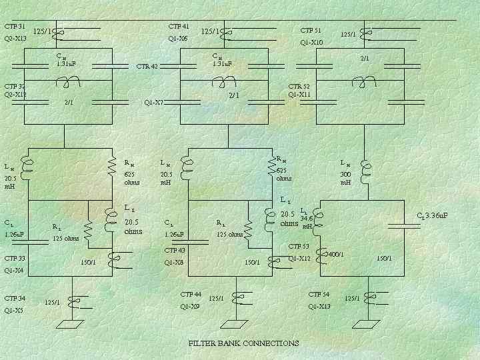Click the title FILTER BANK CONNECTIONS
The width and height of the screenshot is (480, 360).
pos(243,343)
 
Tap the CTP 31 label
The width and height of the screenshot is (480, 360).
pos(15,27)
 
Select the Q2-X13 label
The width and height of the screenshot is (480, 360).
pos(15,39)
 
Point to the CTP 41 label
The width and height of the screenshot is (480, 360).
pos(179,27)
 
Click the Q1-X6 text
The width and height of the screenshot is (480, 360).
pos(178,39)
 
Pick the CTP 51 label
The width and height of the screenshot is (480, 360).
pos(311,31)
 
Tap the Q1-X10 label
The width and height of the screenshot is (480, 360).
pos(311,43)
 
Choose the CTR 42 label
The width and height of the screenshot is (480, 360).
pos(147,67)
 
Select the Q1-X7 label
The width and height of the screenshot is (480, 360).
pos(154,103)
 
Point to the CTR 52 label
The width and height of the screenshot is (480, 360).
pos(299,86)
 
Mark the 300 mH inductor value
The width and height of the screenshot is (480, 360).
pos(345,178)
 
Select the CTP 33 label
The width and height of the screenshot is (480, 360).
pos(15,259)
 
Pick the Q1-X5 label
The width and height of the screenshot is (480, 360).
pos(13,310)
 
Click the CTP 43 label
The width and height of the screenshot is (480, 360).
pos(174,251)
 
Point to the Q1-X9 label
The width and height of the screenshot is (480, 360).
pos(190,306)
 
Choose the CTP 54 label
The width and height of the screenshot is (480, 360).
pos(319,294)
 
